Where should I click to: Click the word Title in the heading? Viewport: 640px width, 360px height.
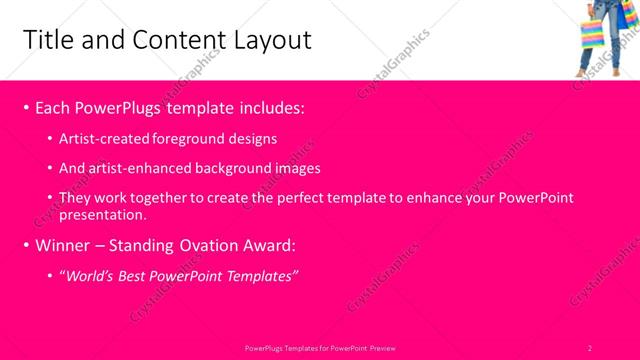(x=46, y=40)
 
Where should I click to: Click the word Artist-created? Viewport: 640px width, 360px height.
(x=106, y=139)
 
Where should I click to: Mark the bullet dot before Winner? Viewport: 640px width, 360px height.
(x=25, y=245)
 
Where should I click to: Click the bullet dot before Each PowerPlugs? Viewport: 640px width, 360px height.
(x=25, y=107)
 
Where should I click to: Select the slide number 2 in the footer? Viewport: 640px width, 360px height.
(x=590, y=347)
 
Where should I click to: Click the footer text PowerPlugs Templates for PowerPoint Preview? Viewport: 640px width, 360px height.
(x=320, y=347)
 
